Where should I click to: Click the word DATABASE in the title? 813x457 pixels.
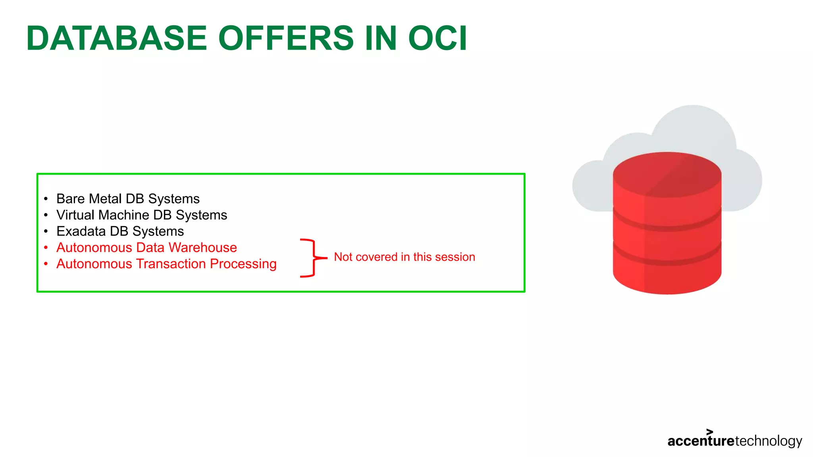117,38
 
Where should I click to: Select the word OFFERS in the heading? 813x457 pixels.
286,38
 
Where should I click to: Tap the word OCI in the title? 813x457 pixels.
437,38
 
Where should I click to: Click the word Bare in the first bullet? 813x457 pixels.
69,198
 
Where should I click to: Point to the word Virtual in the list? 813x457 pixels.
75,215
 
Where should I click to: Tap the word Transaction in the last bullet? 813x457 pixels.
171,264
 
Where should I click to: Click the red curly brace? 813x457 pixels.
311,258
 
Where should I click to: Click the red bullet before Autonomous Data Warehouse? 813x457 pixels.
46,248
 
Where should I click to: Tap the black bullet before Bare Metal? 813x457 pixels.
46,199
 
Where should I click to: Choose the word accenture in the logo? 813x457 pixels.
701,441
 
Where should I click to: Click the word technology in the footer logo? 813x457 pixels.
769,441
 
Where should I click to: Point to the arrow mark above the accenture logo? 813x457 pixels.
710,432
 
